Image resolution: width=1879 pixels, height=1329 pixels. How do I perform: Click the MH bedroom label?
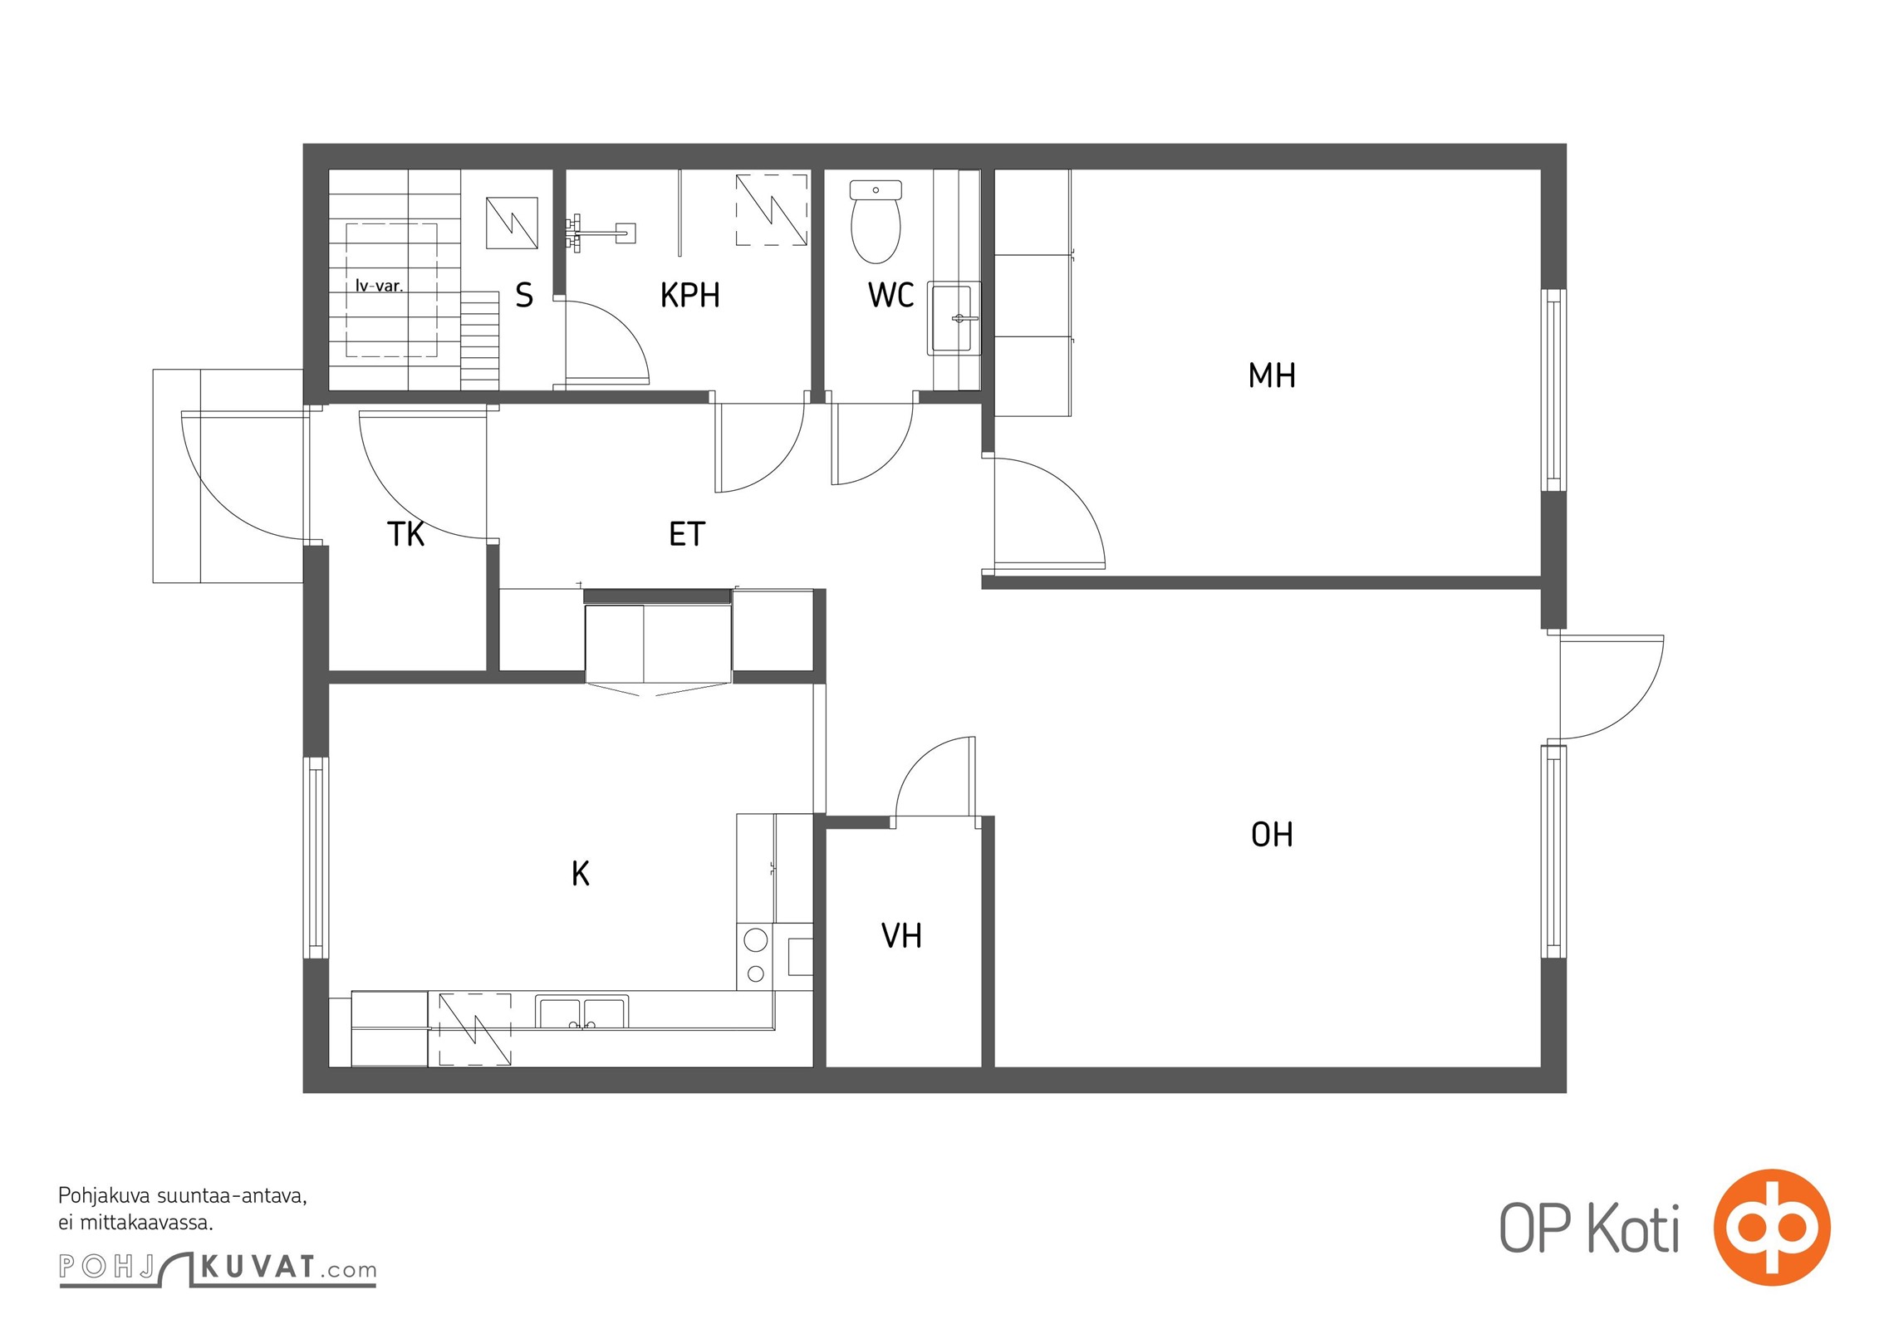[x=1272, y=375]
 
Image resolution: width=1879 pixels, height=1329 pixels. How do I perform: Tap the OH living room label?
[x=1272, y=835]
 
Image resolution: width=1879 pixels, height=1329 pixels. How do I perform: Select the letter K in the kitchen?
[x=581, y=873]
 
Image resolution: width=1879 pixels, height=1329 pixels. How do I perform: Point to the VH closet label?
[x=901, y=936]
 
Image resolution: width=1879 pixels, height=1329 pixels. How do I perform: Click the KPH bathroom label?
[x=689, y=295]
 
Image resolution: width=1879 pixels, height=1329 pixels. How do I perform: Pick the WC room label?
[x=890, y=295]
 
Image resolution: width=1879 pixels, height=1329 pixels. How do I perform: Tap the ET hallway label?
[x=687, y=534]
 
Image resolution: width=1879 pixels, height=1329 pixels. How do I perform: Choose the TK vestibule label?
[x=406, y=534]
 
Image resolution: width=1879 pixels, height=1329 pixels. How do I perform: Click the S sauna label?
[x=524, y=295]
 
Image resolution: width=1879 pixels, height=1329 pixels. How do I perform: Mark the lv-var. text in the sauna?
[x=379, y=286]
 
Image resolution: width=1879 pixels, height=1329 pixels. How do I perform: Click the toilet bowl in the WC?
[x=876, y=221]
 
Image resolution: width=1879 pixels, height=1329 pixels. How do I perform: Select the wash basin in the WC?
[x=954, y=318]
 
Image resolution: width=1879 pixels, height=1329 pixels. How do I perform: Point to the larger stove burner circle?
[x=755, y=940]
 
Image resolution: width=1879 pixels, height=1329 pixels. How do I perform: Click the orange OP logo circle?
[x=1772, y=1227]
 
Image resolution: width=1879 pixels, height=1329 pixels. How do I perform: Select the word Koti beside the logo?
[x=1633, y=1228]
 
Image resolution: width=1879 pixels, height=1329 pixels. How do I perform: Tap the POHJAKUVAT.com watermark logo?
[x=218, y=1268]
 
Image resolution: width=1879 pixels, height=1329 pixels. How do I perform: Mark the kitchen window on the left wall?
[x=316, y=858]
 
